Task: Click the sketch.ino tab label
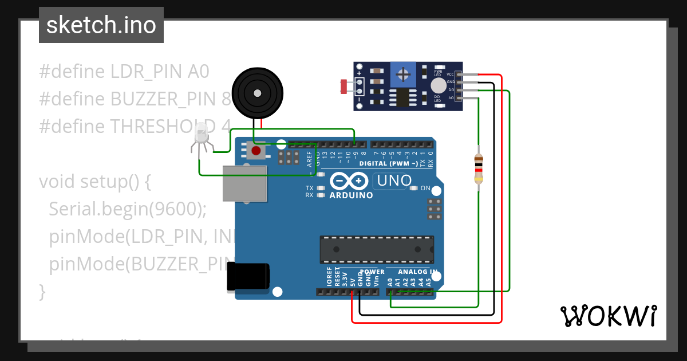101,25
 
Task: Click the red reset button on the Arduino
256,151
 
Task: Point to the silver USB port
244,183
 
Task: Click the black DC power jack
248,277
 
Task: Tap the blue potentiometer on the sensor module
405,74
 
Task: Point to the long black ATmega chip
376,249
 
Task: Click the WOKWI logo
608,316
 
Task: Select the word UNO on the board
393,181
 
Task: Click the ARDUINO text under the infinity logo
351,195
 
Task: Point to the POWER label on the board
372,272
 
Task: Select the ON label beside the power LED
425,188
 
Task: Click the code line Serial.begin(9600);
127,209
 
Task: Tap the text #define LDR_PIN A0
124,72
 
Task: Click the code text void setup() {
94,182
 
